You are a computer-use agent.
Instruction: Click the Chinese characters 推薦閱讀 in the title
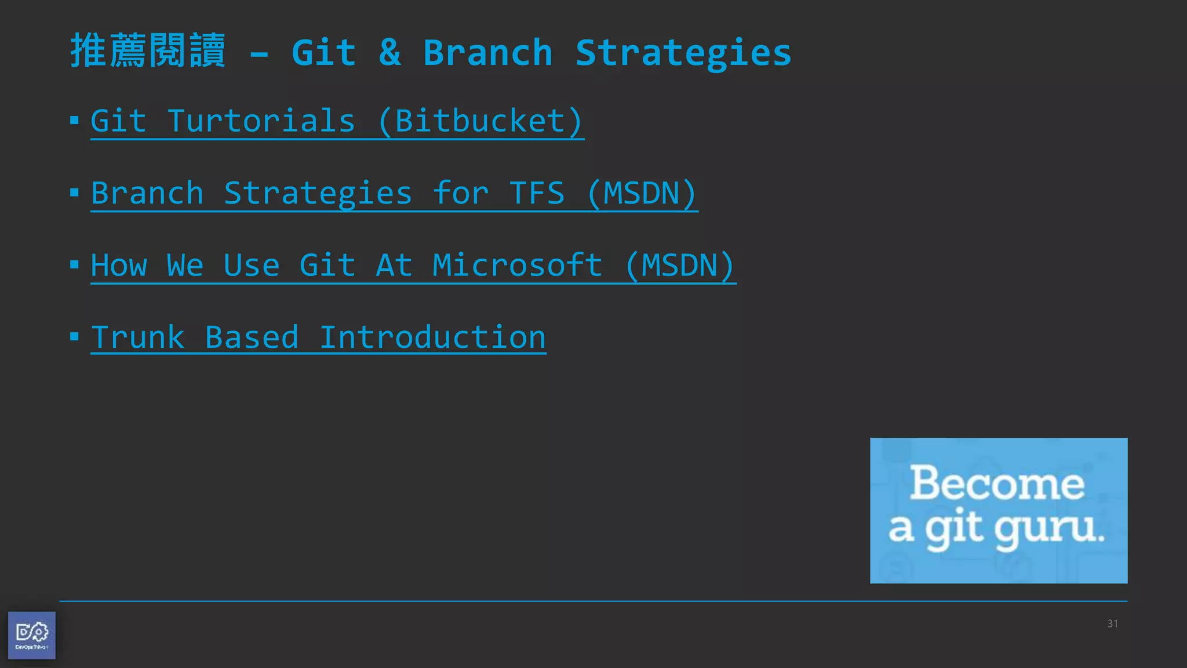click(x=148, y=51)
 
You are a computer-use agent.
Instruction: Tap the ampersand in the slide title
click(x=389, y=52)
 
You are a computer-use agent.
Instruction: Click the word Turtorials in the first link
click(x=261, y=121)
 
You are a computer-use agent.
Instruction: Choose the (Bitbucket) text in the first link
click(x=480, y=121)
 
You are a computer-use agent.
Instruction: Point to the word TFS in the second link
click(x=537, y=193)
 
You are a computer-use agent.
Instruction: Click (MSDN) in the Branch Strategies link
click(x=642, y=193)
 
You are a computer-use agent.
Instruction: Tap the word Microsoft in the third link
click(x=517, y=266)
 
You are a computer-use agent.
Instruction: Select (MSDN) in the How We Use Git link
click(x=680, y=266)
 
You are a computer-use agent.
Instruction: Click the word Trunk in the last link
click(x=138, y=337)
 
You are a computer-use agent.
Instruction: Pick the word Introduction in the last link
click(x=432, y=337)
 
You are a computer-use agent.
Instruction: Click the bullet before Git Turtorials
click(x=74, y=121)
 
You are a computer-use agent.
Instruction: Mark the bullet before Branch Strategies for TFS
click(x=74, y=193)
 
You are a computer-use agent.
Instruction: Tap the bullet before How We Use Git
click(x=74, y=265)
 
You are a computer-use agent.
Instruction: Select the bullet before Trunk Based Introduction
click(x=74, y=336)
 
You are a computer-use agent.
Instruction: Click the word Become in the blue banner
click(x=997, y=483)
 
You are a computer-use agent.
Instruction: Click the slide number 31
click(x=1112, y=624)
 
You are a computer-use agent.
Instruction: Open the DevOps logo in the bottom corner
click(x=32, y=635)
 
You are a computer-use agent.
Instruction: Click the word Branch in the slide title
click(x=487, y=52)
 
